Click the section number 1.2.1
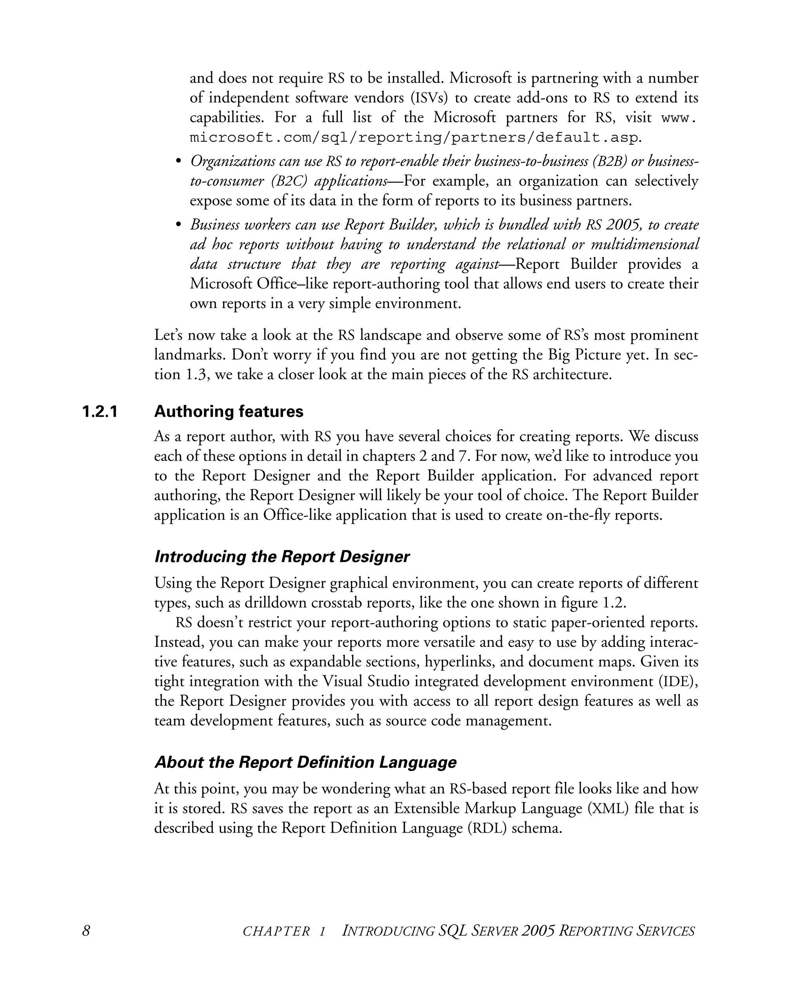pyautogui.click(x=100, y=412)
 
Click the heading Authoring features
pyautogui.click(x=229, y=412)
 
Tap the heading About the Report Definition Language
pyautogui.click(x=305, y=762)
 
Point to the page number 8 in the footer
pyautogui.click(x=86, y=931)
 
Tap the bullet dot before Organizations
pyautogui.click(x=178, y=161)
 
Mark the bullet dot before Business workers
pyautogui.click(x=178, y=225)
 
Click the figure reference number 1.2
pyautogui.click(x=613, y=603)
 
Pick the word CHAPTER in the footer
pyautogui.click(x=276, y=931)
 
